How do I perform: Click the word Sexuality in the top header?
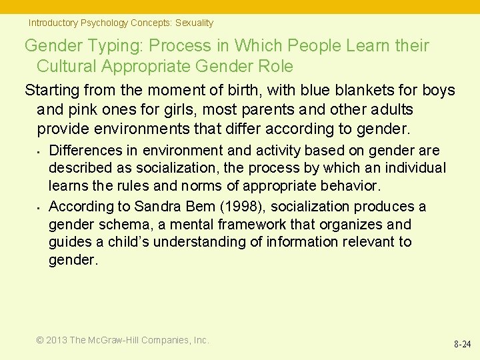pyautogui.click(x=194, y=23)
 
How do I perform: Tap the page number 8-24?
pyautogui.click(x=462, y=345)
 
